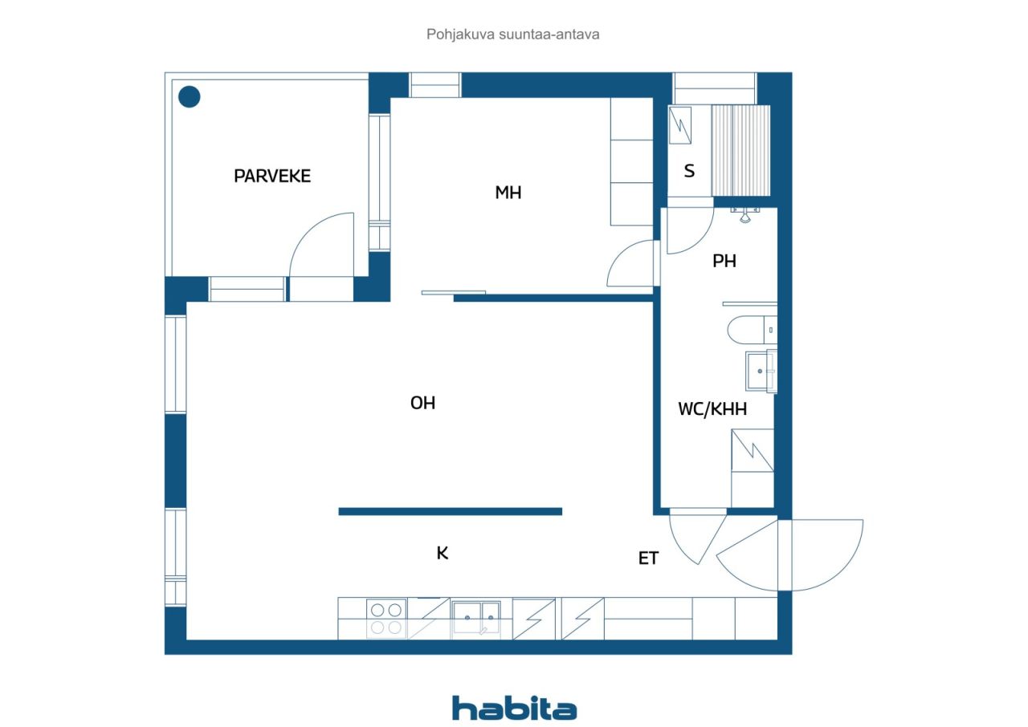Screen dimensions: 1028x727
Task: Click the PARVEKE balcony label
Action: click(x=272, y=176)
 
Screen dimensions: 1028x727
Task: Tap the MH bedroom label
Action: click(x=508, y=193)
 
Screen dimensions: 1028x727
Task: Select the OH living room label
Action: click(x=422, y=403)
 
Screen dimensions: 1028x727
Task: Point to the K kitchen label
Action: click(x=443, y=553)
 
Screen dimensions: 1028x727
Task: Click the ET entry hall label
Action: click(x=648, y=558)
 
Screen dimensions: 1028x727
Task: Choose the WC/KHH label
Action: click(x=712, y=409)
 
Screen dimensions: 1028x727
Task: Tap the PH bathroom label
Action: click(x=724, y=261)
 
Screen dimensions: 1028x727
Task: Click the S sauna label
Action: click(x=689, y=171)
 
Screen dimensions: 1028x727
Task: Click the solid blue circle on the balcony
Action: click(x=189, y=97)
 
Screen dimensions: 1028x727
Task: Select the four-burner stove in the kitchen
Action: click(x=386, y=619)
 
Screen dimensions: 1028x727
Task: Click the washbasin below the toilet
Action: click(x=761, y=371)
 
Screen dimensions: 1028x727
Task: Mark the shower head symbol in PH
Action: click(x=744, y=214)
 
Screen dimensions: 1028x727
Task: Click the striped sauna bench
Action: click(x=740, y=151)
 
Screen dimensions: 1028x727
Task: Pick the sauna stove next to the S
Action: click(x=679, y=125)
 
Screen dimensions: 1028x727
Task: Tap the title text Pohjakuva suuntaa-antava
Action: click(x=512, y=35)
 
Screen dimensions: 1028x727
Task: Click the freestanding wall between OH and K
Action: click(x=451, y=512)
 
